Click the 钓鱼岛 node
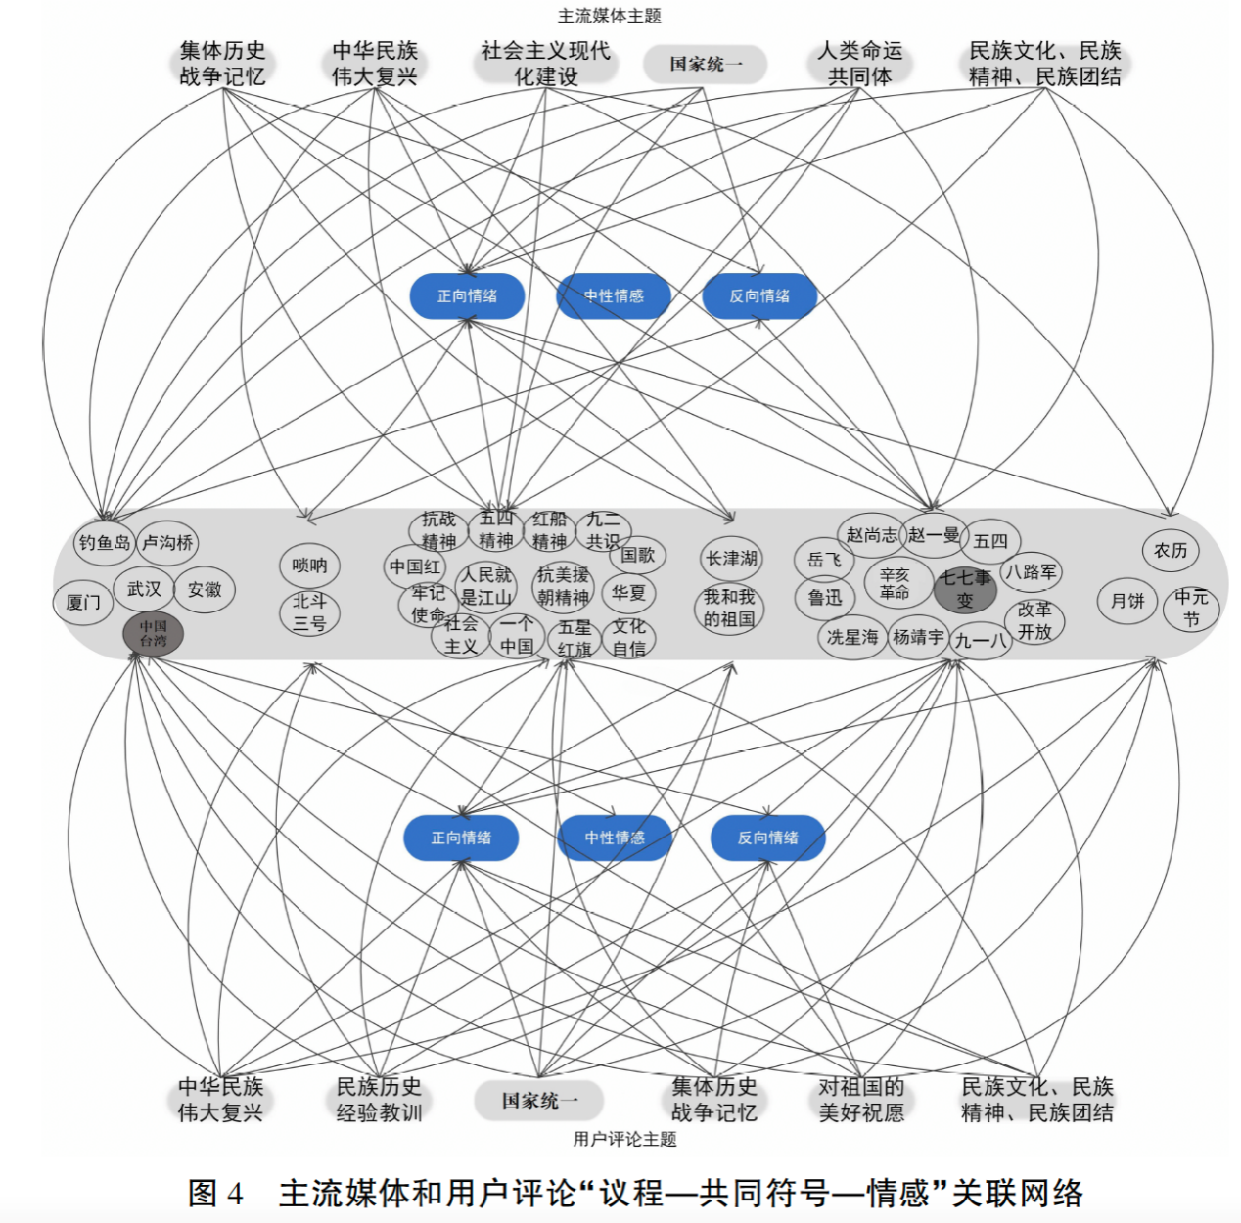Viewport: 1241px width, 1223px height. pyautogui.click(x=105, y=543)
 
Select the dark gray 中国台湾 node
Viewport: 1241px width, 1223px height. pyautogui.click(x=153, y=633)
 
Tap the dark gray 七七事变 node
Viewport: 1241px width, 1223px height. pyautogui.click(x=965, y=589)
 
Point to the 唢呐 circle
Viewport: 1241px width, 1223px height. pyautogui.click(x=309, y=565)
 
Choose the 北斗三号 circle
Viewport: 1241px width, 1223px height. pyautogui.click(x=309, y=612)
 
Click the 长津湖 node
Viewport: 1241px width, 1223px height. pyautogui.click(x=732, y=559)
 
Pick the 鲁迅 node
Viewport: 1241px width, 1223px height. pyautogui.click(x=824, y=597)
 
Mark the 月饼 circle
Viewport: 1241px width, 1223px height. pyautogui.click(x=1127, y=601)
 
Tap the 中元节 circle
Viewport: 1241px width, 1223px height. pyautogui.click(x=1191, y=608)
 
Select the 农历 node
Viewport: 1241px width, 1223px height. pyautogui.click(x=1171, y=551)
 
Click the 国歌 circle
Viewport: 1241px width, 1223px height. pyautogui.click(x=638, y=555)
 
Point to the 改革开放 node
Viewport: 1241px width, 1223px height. pyautogui.click(x=1034, y=621)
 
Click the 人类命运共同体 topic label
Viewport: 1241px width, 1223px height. pyautogui.click(x=860, y=64)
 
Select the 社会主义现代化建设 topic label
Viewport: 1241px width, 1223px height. pyautogui.click(x=545, y=64)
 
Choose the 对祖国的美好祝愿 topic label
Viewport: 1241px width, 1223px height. pyautogui.click(x=861, y=1100)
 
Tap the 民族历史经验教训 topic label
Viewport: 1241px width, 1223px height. pyautogui.click(x=379, y=1100)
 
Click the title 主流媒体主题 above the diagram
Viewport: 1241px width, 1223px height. pyautogui.click(x=610, y=16)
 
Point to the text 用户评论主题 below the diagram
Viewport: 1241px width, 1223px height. pyautogui.click(x=624, y=1139)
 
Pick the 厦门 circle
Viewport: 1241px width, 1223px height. pyautogui.click(x=83, y=602)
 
